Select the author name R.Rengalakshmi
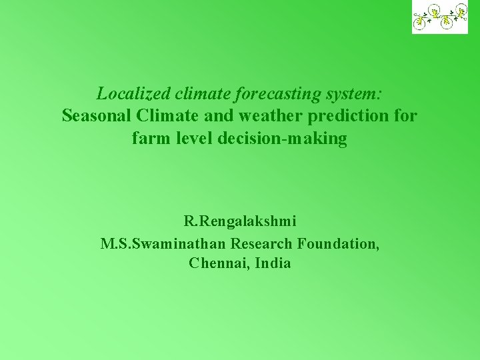click(240, 221)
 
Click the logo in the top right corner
click(440, 17)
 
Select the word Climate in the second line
click(165, 115)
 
